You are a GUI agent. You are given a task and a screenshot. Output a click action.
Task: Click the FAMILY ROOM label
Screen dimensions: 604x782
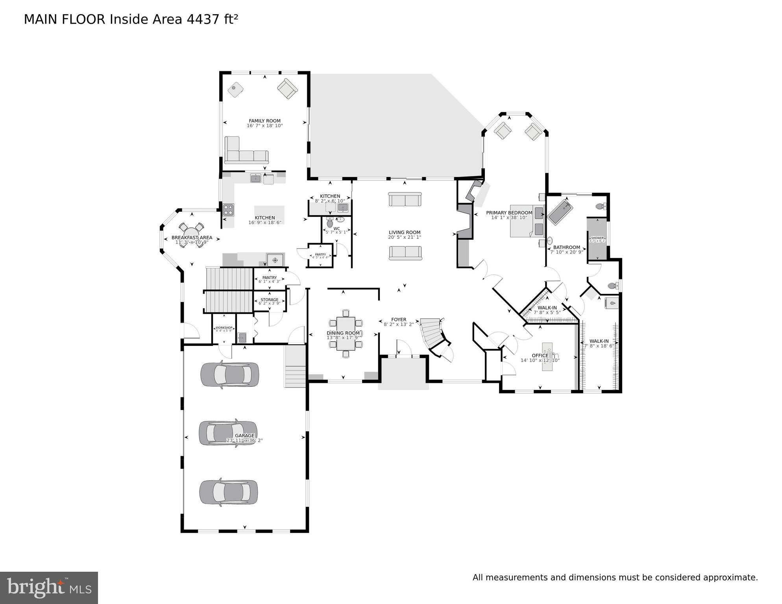point(264,121)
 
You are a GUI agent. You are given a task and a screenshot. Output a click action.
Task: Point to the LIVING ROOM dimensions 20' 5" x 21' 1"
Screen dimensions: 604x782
point(405,237)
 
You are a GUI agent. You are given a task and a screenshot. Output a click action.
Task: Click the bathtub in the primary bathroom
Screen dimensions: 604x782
point(560,212)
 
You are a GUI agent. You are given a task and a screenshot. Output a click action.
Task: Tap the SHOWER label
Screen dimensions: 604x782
point(597,238)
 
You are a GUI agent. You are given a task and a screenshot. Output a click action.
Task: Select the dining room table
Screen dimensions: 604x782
point(346,334)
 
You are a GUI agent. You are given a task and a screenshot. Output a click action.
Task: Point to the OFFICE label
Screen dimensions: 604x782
point(540,355)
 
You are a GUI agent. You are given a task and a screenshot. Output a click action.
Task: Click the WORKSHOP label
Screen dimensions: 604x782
point(224,328)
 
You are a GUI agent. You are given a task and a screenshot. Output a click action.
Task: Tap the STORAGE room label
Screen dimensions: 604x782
point(269,300)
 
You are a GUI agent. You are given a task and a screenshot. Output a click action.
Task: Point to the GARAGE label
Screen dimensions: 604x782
point(244,436)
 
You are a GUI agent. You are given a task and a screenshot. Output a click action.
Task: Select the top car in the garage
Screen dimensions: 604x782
point(230,374)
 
